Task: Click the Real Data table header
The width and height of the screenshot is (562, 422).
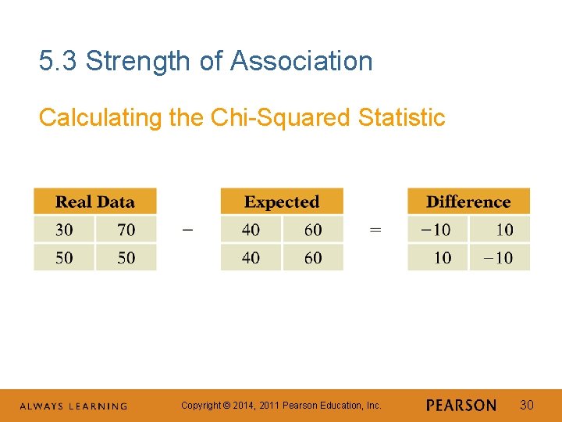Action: pos(94,202)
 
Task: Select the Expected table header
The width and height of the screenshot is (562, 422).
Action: pos(282,202)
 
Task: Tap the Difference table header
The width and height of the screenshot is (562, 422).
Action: pos(468,202)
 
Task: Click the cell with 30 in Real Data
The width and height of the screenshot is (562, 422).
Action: pos(64,229)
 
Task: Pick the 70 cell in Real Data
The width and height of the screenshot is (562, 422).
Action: pos(126,229)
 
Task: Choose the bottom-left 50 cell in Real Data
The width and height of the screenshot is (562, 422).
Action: pos(64,257)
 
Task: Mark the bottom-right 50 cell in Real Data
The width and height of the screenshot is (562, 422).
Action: pos(126,257)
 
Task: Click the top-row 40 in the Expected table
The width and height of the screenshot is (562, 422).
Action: pos(251,229)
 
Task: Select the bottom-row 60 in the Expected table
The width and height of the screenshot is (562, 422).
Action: pos(313,257)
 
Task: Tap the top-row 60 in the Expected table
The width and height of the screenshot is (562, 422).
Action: pos(313,229)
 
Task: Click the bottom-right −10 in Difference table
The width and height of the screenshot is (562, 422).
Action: pos(499,257)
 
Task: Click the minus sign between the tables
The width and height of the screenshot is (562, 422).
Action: pos(187,230)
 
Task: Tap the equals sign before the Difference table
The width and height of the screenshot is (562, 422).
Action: pos(375,230)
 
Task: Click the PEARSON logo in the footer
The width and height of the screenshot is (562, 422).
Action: pos(461,406)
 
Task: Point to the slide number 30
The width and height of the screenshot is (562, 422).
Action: pos(527,405)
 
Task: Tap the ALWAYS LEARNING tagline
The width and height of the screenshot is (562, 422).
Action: pos(73,406)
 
